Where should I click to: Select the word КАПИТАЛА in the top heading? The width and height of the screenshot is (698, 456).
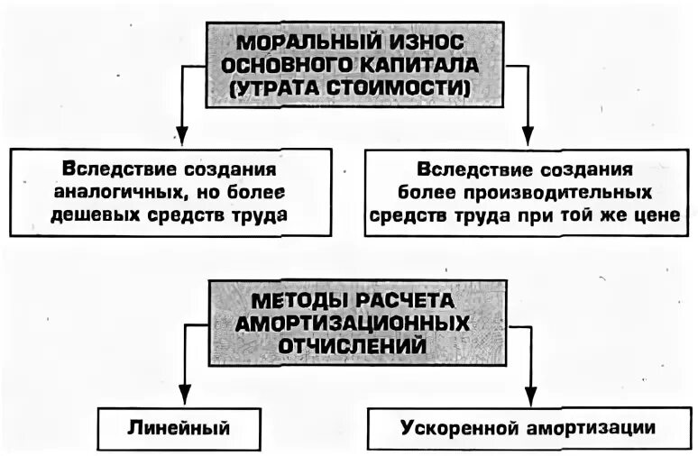(x=410, y=66)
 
